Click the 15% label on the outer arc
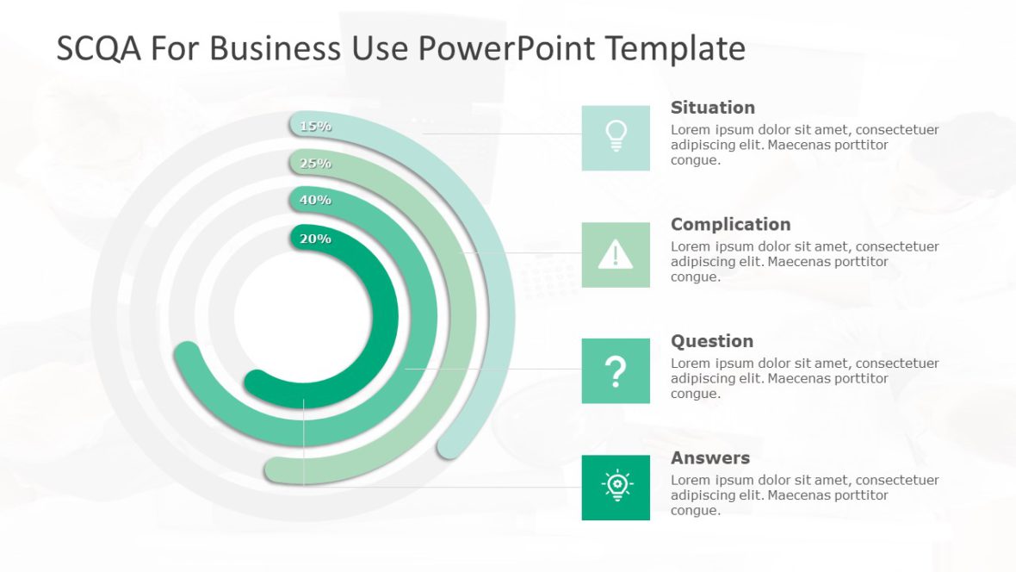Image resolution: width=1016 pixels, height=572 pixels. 315,126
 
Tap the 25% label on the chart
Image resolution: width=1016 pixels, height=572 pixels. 315,163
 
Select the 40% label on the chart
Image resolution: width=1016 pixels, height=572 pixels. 315,200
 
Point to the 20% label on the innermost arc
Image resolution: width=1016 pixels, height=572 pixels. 315,239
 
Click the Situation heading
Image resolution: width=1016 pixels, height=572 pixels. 712,108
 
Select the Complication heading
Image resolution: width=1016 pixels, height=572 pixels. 730,224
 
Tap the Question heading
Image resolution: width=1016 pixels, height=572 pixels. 711,341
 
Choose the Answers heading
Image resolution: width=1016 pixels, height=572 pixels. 709,457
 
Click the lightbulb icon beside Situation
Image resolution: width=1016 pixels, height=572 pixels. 616,137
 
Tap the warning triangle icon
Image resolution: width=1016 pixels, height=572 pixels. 616,254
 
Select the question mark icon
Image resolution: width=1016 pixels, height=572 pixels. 616,371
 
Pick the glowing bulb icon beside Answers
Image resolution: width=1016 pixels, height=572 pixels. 616,487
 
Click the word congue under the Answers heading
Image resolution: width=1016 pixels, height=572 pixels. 694,511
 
